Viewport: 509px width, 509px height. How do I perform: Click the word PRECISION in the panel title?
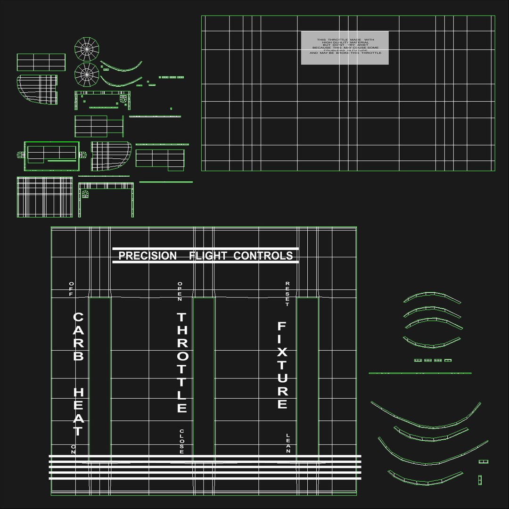click(148, 256)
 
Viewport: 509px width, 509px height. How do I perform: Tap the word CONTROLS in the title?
click(263, 256)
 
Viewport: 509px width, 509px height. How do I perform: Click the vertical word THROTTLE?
click(182, 362)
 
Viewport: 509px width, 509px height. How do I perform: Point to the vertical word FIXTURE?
click(282, 365)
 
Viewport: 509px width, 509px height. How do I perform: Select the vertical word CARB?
click(78, 337)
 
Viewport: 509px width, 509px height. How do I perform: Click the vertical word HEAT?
click(78, 412)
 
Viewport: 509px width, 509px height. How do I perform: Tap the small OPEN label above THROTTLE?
click(180, 291)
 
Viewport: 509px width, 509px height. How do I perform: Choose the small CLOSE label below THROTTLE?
click(181, 442)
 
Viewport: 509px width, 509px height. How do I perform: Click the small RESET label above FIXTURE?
click(287, 294)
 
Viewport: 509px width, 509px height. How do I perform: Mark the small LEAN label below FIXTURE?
click(288, 443)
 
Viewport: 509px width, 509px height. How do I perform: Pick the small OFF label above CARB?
click(72, 288)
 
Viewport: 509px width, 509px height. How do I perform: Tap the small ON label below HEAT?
click(73, 449)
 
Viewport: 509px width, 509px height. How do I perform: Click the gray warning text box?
click(345, 48)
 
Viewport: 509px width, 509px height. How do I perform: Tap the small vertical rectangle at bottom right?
click(480, 480)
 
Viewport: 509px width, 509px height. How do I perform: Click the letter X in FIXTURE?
click(282, 352)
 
